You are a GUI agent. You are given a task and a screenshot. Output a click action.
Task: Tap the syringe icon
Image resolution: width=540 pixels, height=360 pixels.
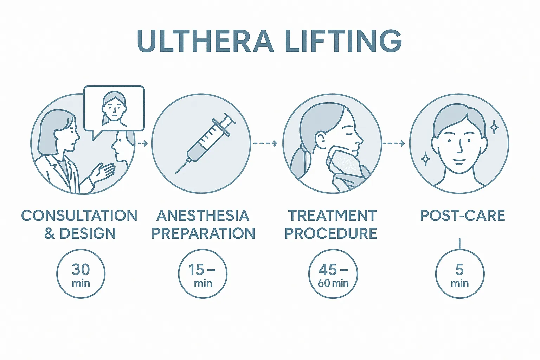[206, 143]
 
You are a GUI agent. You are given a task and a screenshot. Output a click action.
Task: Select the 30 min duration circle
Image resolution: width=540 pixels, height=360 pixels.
[81, 274]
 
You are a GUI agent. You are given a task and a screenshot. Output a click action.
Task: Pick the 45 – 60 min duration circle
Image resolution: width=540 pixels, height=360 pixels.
[333, 274]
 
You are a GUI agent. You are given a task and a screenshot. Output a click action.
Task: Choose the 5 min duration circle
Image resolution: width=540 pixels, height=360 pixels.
[460, 274]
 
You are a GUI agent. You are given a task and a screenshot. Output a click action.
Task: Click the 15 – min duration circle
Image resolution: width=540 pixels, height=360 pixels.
[203, 274]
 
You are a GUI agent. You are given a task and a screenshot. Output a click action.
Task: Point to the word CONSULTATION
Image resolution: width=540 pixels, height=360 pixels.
[79, 215]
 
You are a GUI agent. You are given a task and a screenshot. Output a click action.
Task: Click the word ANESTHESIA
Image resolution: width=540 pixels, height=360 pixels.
[203, 215]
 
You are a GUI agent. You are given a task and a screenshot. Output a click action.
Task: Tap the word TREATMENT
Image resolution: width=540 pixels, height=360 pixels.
[333, 215]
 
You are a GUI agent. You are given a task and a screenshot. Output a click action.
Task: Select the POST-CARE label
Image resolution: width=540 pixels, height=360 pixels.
[463, 215]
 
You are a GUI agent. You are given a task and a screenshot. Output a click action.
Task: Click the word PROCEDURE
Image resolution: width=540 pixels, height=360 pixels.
[331, 233]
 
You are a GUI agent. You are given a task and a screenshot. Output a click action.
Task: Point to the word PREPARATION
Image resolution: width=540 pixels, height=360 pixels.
[203, 233]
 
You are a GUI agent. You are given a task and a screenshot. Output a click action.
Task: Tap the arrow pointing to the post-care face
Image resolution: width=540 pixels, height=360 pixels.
[394, 144]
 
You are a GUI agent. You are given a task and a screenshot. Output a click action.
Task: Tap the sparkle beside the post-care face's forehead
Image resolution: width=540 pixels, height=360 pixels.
[494, 127]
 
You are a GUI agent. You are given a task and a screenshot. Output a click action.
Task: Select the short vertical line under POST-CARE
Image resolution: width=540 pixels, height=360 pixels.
[460, 244]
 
